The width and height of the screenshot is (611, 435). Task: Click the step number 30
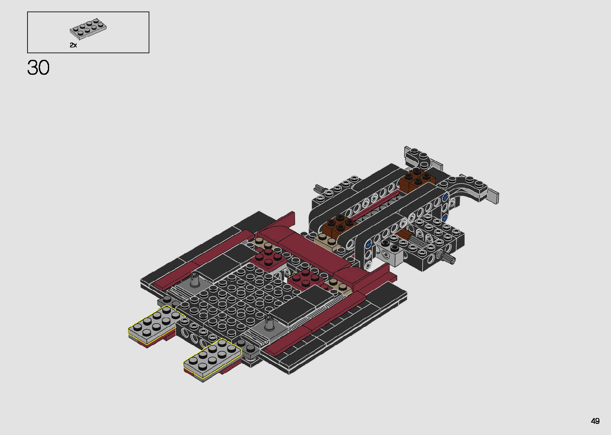click(x=38, y=68)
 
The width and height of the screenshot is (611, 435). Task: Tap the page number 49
click(x=595, y=421)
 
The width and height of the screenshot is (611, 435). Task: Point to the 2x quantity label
click(x=73, y=45)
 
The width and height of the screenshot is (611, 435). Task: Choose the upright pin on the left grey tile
click(x=195, y=280)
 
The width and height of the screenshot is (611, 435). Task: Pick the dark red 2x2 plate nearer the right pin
click(x=305, y=278)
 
